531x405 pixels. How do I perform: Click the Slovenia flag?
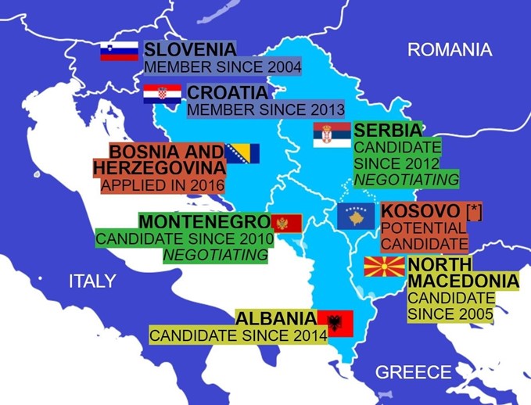click(119, 52)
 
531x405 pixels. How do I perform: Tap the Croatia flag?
click(162, 95)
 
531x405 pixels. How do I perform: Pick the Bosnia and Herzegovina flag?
click(242, 153)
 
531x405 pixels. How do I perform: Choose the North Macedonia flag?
click(384, 267)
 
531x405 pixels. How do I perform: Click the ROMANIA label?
click(450, 51)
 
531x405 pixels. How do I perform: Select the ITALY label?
click(92, 281)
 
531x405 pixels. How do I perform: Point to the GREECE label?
click(413, 372)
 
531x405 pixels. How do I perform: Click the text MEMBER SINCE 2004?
click(223, 67)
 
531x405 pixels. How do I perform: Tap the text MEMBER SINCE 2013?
click(266, 110)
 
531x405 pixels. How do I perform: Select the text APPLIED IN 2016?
click(163, 186)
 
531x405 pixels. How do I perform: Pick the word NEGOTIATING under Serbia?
click(406, 180)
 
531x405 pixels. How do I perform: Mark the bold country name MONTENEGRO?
click(203, 222)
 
